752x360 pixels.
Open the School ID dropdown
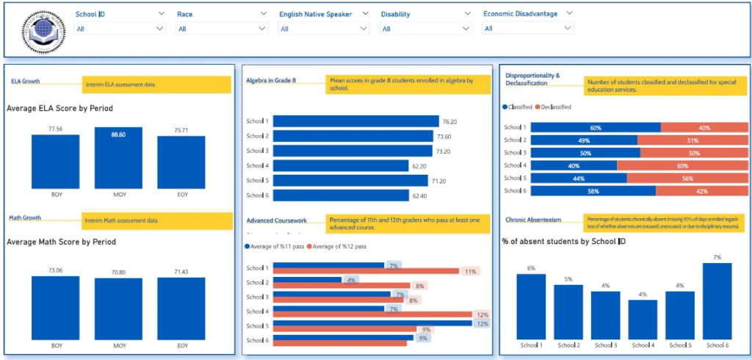pos(120,29)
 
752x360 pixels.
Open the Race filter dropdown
pos(223,29)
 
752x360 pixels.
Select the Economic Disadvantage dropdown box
pos(527,29)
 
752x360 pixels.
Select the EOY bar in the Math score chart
pos(181,308)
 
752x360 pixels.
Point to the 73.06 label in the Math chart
pos(56,270)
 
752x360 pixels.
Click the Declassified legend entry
pos(556,107)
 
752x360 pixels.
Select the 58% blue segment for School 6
pos(593,191)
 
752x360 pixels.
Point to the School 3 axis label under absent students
pos(606,345)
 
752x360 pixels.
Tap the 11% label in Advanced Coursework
pos(470,272)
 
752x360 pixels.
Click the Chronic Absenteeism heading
pos(534,220)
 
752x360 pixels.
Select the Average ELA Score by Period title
pos(59,108)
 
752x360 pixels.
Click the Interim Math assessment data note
pos(120,220)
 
